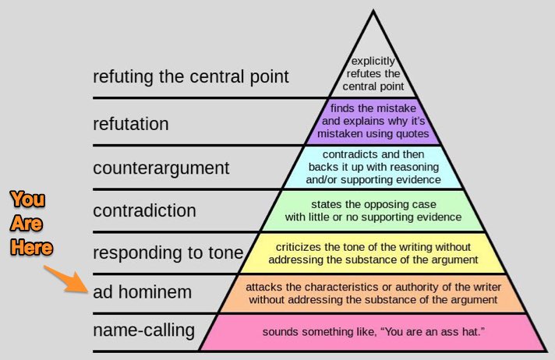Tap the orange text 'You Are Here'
(33, 224)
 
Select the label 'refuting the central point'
(191, 76)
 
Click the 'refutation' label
(130, 124)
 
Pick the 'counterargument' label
(161, 168)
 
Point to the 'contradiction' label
(144, 210)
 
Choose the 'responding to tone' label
(168, 252)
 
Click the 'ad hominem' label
(143, 293)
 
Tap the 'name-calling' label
(143, 330)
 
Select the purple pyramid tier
(373, 122)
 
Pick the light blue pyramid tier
(373, 166)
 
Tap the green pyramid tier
(373, 210)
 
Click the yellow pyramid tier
(373, 253)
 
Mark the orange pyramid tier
(373, 293)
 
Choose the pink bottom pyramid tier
(373, 332)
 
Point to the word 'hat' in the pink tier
(468, 332)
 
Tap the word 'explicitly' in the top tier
(373, 60)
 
